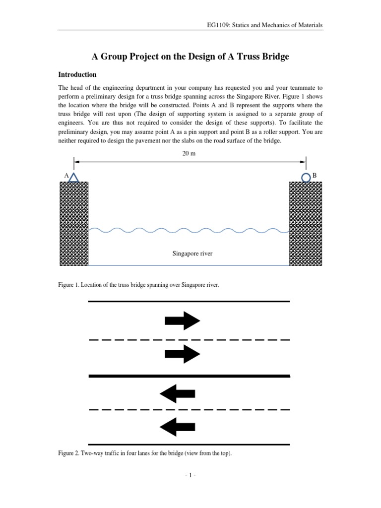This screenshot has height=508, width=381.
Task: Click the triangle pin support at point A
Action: pyautogui.click(x=73, y=177)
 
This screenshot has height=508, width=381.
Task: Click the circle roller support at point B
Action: pyautogui.click(x=306, y=177)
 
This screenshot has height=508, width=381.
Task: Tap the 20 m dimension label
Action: pyautogui.click(x=189, y=154)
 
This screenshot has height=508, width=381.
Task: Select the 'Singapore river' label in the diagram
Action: pyautogui.click(x=192, y=254)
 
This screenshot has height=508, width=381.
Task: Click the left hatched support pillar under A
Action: pyautogui.click(x=74, y=223)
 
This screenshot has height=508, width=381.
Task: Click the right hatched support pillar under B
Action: pyautogui.click(x=305, y=223)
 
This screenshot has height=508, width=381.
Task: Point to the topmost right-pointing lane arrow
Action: pyautogui.click(x=182, y=320)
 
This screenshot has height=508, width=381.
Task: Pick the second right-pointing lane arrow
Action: pyautogui.click(x=182, y=354)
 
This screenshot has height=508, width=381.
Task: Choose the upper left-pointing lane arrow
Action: pyautogui.click(x=177, y=393)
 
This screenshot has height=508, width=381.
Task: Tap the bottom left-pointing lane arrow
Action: pyautogui.click(x=177, y=426)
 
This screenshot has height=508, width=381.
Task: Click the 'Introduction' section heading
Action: pyautogui.click(x=77, y=75)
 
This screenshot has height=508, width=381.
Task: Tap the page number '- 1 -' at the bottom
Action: pyautogui.click(x=190, y=475)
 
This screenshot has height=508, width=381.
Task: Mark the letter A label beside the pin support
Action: pyautogui.click(x=66, y=176)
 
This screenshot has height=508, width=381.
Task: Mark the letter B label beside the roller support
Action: pyautogui.click(x=314, y=176)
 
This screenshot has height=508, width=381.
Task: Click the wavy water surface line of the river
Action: pyautogui.click(x=189, y=230)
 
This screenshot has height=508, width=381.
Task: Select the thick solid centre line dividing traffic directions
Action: pyautogui.click(x=189, y=377)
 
